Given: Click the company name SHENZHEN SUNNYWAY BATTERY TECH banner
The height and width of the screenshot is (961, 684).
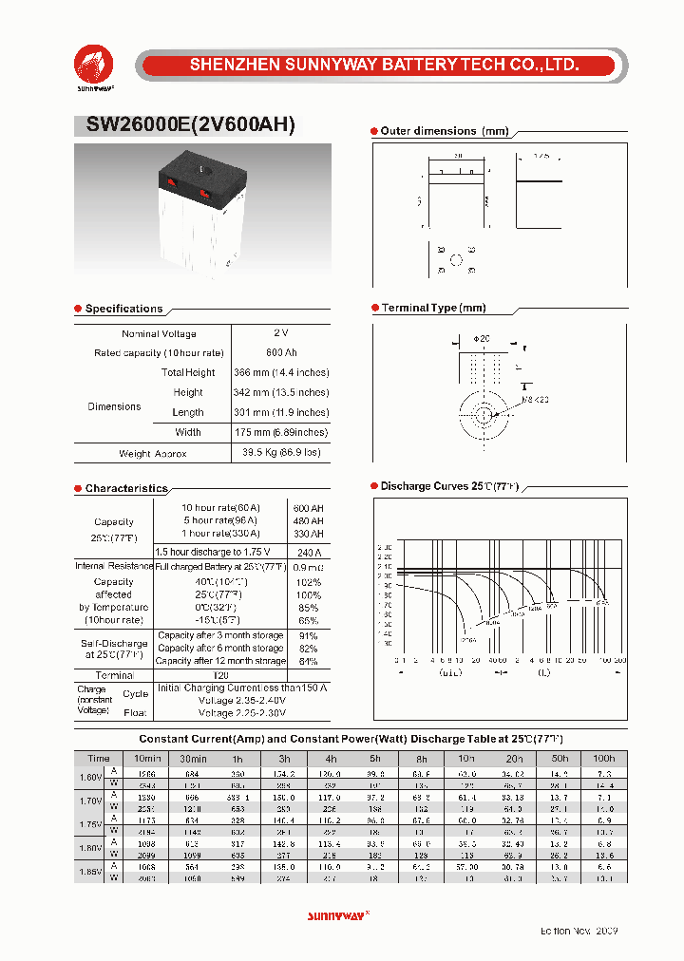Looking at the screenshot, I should [x=384, y=66].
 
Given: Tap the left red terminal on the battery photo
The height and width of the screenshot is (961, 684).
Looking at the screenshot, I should [x=171, y=180].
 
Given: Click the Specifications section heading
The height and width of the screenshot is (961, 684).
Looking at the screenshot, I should [x=123, y=309].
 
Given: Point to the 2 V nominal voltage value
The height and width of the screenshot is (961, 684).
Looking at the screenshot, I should [x=280, y=333].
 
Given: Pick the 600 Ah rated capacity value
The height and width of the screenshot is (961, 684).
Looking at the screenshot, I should [x=281, y=353].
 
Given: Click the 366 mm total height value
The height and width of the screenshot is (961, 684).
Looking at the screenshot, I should [x=281, y=373].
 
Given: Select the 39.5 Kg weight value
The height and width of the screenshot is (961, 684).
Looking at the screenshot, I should [x=281, y=453].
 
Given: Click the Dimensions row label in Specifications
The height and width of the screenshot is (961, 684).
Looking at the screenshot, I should [x=114, y=406].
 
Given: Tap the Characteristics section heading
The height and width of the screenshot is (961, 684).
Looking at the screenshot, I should [x=126, y=488].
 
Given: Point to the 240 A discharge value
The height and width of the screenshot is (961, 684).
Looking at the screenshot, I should [x=309, y=552].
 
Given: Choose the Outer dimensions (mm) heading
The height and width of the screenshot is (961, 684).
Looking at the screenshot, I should [x=444, y=131].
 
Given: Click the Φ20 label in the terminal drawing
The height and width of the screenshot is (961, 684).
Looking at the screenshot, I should [x=481, y=338].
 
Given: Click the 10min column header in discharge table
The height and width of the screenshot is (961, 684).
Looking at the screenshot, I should [x=146, y=758].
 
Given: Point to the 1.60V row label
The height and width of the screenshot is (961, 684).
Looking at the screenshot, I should [x=90, y=777].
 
